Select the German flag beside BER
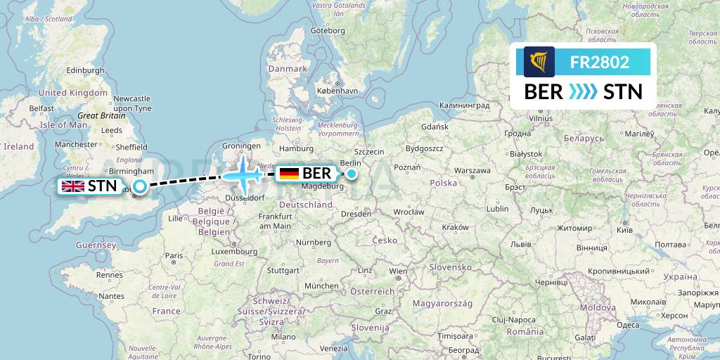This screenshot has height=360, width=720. pos(288,173)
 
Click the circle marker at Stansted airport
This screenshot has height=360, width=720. pos(140,186)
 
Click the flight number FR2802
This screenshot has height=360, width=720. pos(600,62)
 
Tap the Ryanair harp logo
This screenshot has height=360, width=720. pos(539,62)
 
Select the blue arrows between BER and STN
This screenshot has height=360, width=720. pos(582,91)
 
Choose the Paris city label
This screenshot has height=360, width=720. pos(174,256)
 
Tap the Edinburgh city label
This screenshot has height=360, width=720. pos(66,70)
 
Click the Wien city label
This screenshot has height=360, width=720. pos(398,271)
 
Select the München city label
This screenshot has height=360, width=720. pos(321,286)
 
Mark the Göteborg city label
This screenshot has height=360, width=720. pos(328,31)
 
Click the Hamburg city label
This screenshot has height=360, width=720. pos(296,148)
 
